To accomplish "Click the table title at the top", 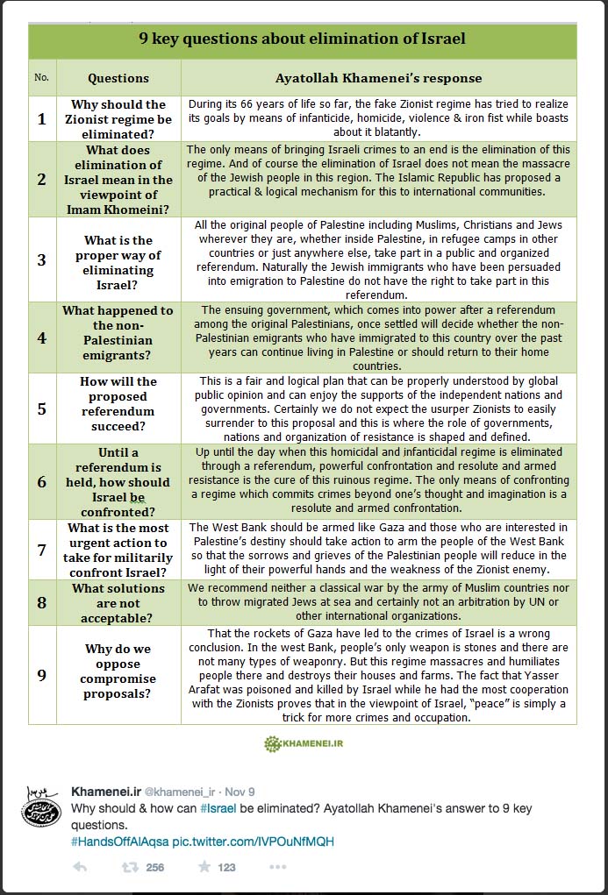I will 302,39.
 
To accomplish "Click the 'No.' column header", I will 41,77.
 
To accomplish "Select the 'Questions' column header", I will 118,77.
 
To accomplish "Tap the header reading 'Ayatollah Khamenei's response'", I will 378,77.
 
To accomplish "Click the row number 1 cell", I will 41,118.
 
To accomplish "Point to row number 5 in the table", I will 41,408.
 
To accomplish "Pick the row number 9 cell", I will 41,674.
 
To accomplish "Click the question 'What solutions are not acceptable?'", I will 118,602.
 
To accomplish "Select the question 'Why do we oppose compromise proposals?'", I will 118,671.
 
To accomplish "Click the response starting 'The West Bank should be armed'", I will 378,549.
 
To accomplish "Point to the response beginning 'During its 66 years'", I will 378,118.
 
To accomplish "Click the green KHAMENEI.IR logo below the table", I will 303,744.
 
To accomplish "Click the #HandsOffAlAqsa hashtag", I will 118,842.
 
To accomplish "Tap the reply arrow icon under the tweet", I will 80,867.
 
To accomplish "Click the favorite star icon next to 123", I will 204,867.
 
